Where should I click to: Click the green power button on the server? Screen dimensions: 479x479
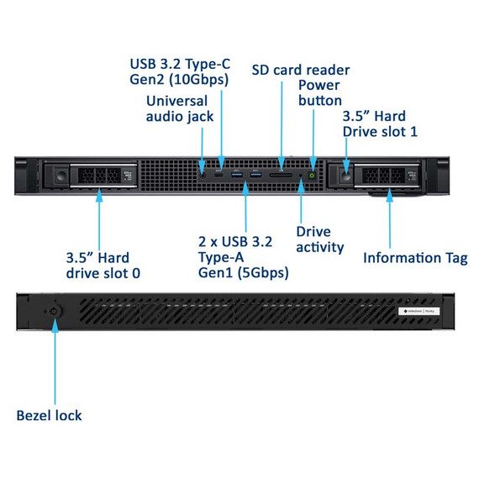(313, 176)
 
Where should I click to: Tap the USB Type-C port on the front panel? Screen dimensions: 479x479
(219, 175)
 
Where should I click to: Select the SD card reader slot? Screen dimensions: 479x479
(281, 176)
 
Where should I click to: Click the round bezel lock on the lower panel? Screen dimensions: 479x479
(55, 310)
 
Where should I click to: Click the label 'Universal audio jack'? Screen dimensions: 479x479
(180, 108)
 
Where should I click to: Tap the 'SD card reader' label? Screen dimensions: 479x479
(301, 70)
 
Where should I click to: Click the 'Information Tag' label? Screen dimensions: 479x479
(415, 258)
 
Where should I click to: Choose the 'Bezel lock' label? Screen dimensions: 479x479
(50, 415)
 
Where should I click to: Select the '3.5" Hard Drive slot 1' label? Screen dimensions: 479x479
(379, 124)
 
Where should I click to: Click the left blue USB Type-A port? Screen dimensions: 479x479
(237, 175)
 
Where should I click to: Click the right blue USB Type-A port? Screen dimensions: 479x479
(255, 175)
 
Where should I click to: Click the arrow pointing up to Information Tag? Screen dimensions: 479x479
(390, 218)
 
